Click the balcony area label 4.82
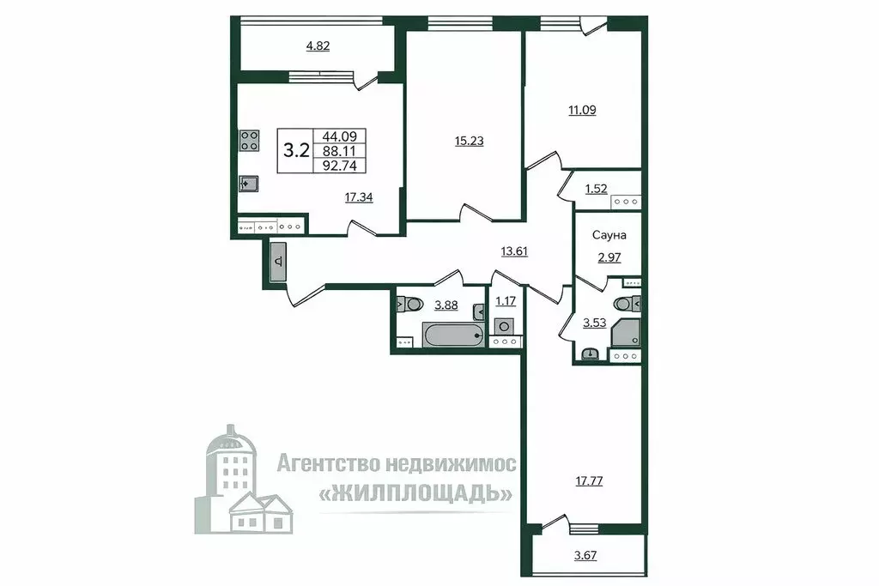point(318,46)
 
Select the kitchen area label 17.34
point(358,197)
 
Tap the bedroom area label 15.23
point(469,142)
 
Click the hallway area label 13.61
point(515,251)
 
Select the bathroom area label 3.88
point(446,304)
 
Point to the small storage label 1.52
point(596,190)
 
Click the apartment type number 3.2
point(296,151)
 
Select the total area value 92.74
point(343,166)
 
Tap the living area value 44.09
point(343,136)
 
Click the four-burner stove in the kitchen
point(249,141)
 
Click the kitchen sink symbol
point(247,184)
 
